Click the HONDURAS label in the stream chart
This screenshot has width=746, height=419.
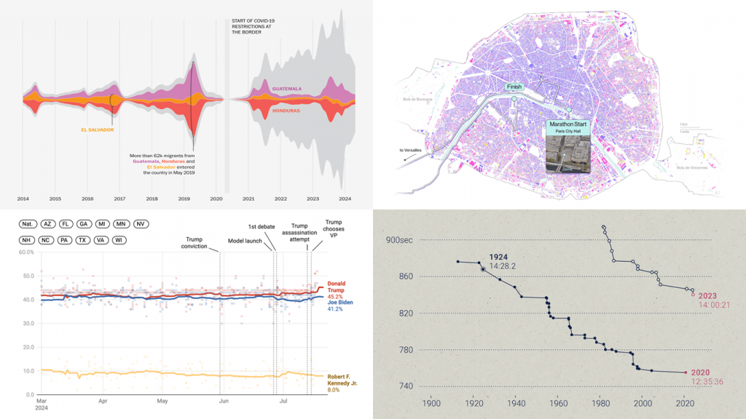click(287, 111)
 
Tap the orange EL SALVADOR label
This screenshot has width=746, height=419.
click(98, 130)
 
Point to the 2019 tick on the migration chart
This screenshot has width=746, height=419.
click(184, 198)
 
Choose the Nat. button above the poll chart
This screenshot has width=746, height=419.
click(29, 225)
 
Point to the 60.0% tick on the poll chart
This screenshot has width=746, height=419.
click(25, 252)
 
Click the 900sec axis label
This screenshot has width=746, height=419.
click(401, 241)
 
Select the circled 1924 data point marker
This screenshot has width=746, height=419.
click(483, 269)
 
